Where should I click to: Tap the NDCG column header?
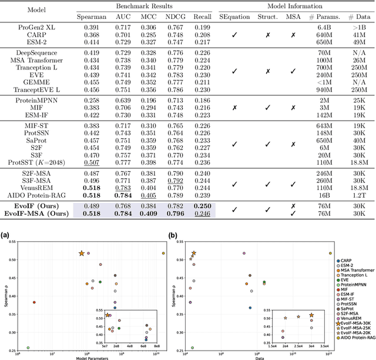point(176,18)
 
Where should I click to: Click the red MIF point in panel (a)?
point(34,302)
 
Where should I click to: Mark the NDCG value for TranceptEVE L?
point(176,91)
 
